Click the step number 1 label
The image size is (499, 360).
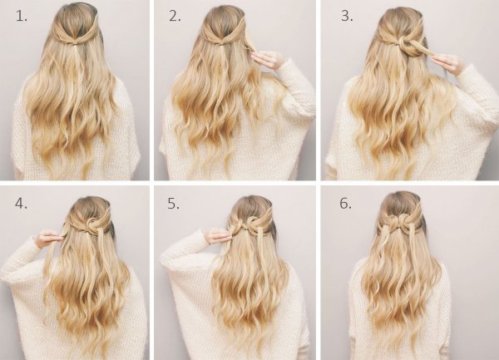pos(22,16)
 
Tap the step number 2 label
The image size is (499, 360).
pos(175,16)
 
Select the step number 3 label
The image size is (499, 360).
pos(347,16)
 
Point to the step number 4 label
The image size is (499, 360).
pos(21,203)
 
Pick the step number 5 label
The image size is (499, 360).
pos(174,203)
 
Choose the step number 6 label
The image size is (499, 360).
pos(346,203)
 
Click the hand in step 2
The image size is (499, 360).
pos(267,60)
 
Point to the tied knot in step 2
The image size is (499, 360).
pos(224,42)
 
